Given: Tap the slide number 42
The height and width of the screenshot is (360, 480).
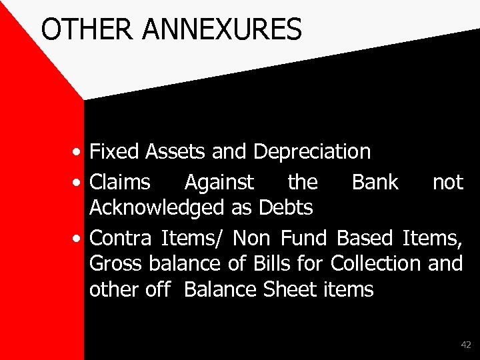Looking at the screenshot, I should [x=465, y=345].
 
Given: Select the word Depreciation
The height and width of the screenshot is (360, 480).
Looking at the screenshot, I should [x=312, y=152].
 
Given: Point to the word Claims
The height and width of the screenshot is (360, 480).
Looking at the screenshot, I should [x=121, y=181].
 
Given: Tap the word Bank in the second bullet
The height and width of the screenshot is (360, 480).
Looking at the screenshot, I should [x=375, y=181].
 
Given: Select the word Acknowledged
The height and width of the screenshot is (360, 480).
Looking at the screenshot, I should [x=152, y=208].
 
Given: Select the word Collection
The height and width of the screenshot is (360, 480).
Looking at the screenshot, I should [x=375, y=264].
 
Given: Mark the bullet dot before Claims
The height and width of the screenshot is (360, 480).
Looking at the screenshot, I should [x=79, y=182].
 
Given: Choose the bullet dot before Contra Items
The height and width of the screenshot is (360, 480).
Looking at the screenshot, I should [x=79, y=238].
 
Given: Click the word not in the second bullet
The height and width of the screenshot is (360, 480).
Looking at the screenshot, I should [x=447, y=181].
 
